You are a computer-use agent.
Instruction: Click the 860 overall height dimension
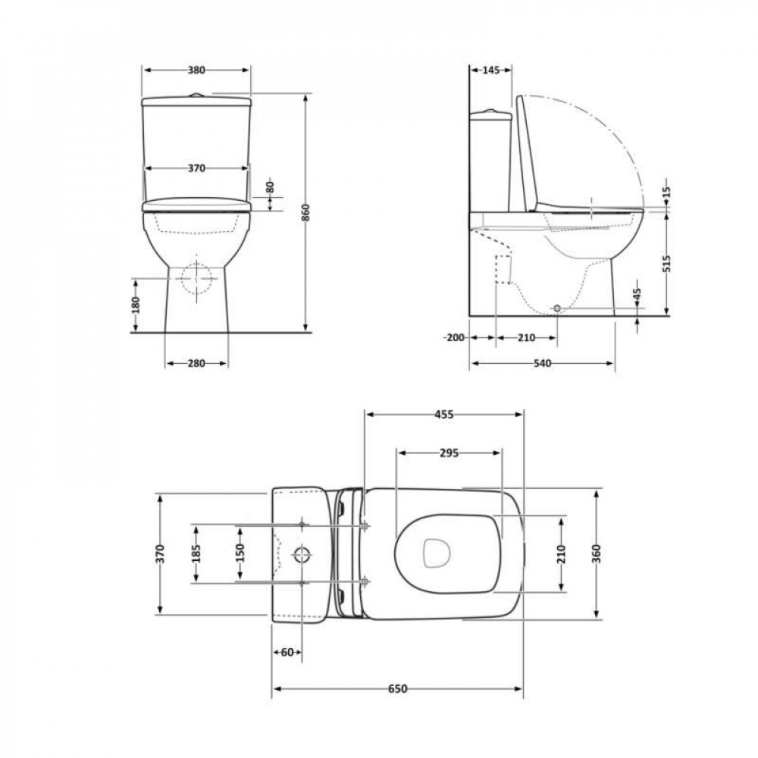[306, 213]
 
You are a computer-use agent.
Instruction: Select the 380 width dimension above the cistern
[196, 70]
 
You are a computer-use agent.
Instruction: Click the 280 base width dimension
[196, 364]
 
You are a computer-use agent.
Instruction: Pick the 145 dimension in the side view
[490, 70]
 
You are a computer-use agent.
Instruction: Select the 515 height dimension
[667, 263]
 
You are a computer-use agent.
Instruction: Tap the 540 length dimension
[541, 364]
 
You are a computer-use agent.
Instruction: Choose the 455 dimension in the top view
[443, 415]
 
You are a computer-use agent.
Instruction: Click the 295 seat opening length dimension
[449, 453]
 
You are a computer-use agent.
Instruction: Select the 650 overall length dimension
[398, 688]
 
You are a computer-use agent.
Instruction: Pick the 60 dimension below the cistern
[287, 652]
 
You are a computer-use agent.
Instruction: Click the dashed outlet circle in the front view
[196, 279]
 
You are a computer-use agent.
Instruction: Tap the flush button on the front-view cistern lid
[196, 95]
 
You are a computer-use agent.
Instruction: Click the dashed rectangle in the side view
[503, 270]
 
